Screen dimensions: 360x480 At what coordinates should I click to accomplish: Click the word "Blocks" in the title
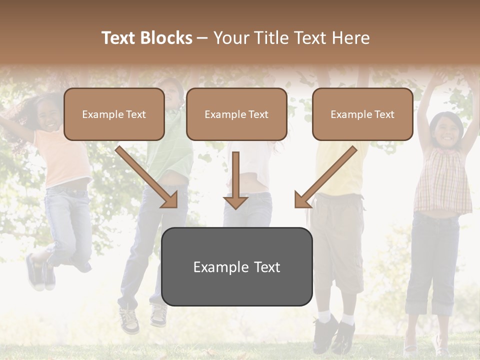pyautogui.click(x=166, y=38)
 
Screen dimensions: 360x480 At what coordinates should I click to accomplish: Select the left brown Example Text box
pyautogui.click(x=114, y=114)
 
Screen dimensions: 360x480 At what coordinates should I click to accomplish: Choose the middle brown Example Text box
pyautogui.click(x=236, y=114)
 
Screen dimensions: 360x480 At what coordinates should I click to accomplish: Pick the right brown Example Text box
pyautogui.click(x=362, y=114)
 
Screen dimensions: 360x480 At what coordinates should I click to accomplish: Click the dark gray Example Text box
pyautogui.click(x=236, y=266)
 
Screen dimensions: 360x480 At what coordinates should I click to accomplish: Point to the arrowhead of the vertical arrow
pyautogui.click(x=235, y=202)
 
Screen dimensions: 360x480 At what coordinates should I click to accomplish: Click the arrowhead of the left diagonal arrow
pyautogui.click(x=170, y=200)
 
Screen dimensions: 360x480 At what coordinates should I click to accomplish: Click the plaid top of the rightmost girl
pyautogui.click(x=442, y=180)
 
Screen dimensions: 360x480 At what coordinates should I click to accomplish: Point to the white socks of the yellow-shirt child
pyautogui.click(x=335, y=317)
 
